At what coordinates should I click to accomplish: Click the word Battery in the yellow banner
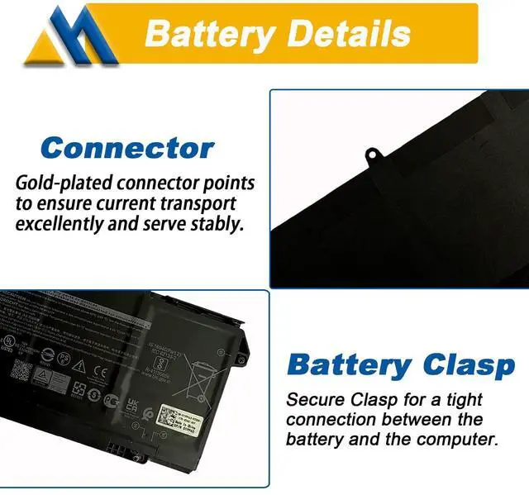pyautogui.click(x=208, y=34)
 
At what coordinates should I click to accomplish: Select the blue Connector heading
pyautogui.click(x=127, y=149)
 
